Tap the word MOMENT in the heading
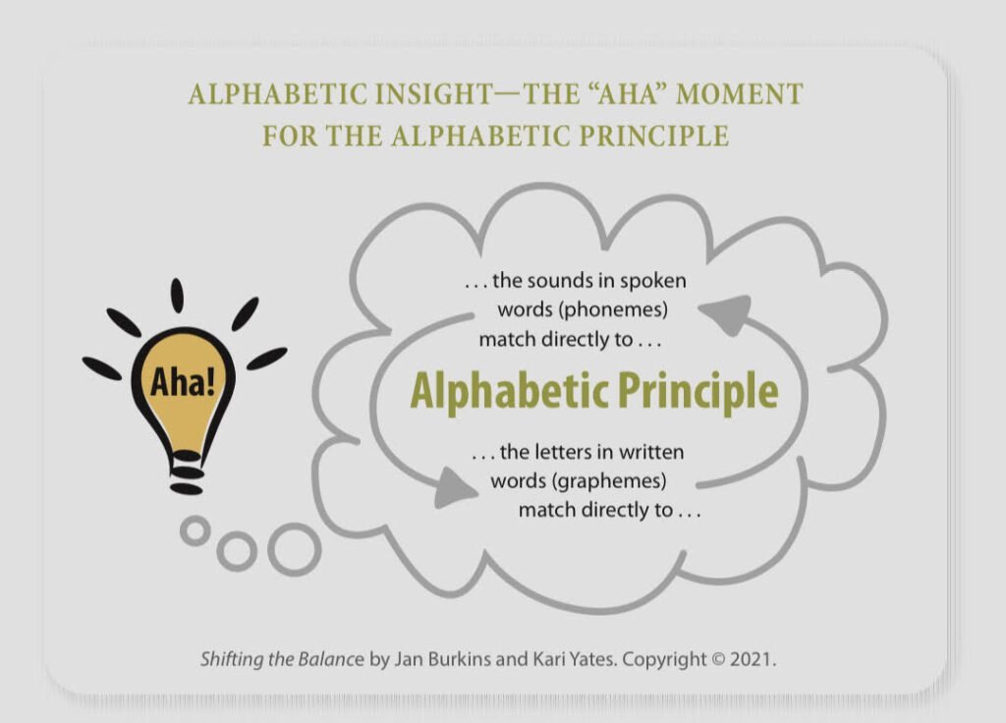click(x=739, y=94)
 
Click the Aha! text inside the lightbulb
click(x=183, y=382)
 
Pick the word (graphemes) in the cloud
click(x=611, y=480)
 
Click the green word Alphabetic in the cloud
click(x=500, y=391)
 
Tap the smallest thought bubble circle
click(x=196, y=530)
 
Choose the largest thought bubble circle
click(x=295, y=549)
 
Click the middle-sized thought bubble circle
click(x=237, y=550)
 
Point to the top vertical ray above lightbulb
click(x=177, y=296)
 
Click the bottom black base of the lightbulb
click(x=187, y=489)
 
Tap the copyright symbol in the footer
click(x=718, y=659)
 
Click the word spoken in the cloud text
click(x=653, y=282)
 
